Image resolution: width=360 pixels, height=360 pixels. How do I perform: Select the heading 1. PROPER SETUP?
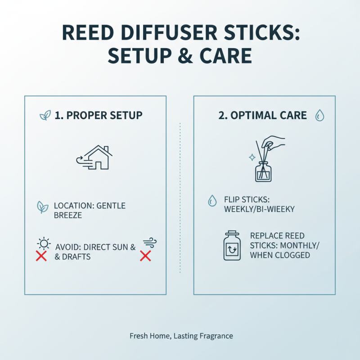pyautogui.click(x=98, y=115)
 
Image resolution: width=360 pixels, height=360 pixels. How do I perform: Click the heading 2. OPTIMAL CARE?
pyautogui.click(x=262, y=115)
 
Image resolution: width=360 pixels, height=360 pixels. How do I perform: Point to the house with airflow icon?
pyautogui.click(x=96, y=158)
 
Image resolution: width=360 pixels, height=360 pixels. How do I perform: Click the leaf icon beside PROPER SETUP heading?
pyautogui.click(x=45, y=116)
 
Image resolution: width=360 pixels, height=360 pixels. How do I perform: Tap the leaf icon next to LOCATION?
pyautogui.click(x=42, y=207)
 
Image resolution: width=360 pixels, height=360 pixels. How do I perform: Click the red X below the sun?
pyautogui.click(x=41, y=257)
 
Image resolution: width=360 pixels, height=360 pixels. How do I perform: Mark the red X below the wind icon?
pyautogui.click(x=145, y=256)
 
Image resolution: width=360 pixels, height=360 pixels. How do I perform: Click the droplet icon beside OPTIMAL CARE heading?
pyautogui.click(x=319, y=115)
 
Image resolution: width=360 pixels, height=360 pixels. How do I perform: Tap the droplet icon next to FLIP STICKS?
pyautogui.click(x=212, y=201)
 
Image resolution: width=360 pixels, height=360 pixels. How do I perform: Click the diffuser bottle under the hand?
pyautogui.click(x=263, y=171)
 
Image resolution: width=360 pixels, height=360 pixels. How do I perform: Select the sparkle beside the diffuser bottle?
pyautogui.click(x=252, y=157)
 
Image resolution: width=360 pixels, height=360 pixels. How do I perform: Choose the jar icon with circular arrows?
pyautogui.click(x=233, y=246)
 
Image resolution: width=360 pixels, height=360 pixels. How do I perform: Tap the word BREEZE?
pyautogui.click(x=68, y=215)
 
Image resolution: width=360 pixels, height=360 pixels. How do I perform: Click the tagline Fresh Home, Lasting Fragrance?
pyautogui.click(x=181, y=336)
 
